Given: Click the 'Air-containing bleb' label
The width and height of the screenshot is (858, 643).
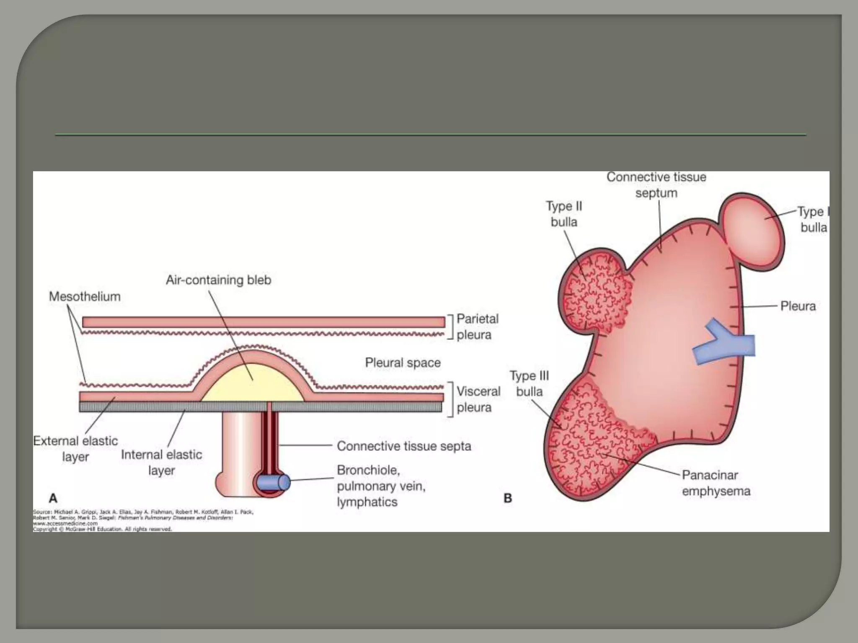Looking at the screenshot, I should pos(218,280).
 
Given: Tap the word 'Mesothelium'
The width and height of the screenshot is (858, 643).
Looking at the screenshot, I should pos(85,296).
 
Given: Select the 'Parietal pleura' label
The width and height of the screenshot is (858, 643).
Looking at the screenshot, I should pos(477,327).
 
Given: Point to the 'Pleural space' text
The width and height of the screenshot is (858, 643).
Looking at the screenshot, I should pos(403,363).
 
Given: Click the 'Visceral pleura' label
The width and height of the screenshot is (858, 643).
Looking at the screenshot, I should pos(478,399).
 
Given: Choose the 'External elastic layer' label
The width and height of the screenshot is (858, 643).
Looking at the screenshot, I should pos(75,448).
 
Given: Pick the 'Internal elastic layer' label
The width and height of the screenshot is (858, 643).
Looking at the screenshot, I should pos(161,462).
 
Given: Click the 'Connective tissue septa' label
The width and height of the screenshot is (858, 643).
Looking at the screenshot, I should pos(404,446).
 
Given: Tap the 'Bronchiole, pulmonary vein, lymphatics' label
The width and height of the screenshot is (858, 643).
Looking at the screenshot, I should pos(381,486).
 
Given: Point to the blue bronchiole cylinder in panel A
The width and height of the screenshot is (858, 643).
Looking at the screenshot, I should pos(272,482).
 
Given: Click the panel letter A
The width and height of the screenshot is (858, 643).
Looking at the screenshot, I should pos(53,498).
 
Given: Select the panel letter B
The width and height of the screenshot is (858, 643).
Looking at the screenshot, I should pos(508,498).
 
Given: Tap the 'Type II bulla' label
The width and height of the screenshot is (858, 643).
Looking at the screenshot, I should pos(564,214).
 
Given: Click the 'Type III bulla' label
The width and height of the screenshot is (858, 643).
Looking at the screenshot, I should pos(529,383).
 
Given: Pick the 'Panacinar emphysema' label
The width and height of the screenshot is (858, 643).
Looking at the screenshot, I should pos(716,483).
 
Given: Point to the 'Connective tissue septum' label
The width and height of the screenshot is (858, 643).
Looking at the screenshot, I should pos(656,185).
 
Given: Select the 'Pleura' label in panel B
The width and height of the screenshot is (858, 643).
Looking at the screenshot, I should pos(798,306).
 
